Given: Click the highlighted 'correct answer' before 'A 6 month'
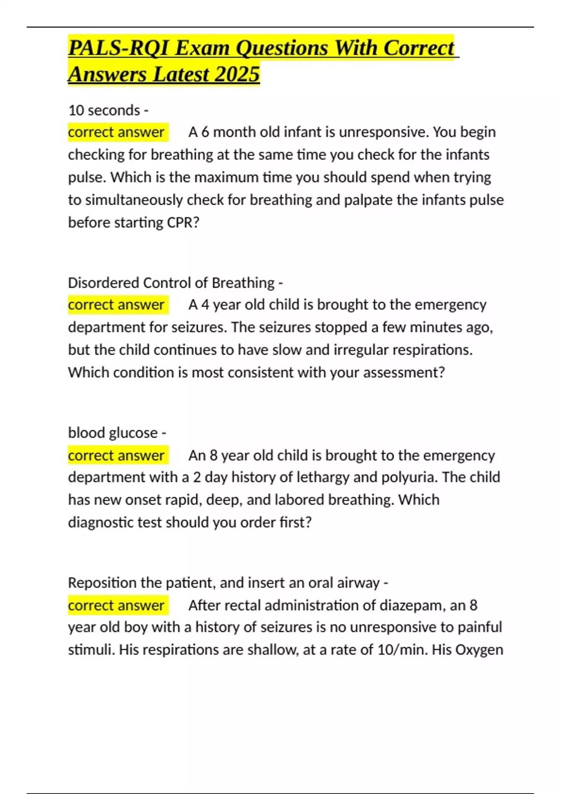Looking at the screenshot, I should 116,132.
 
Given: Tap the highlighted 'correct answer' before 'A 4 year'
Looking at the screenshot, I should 116,305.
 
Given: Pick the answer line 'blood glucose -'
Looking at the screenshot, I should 117,432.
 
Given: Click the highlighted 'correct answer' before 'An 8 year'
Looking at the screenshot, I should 116,455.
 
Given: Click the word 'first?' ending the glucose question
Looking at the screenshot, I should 295,522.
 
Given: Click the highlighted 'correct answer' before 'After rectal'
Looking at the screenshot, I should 116,605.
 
